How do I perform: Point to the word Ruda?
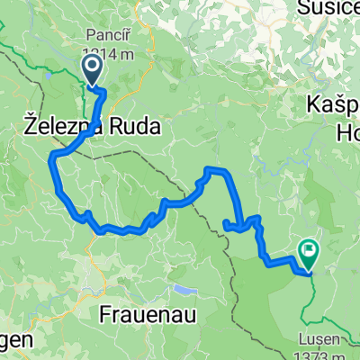pos(132,129)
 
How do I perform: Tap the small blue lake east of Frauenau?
pos(184,290)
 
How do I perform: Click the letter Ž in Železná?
pos(23,129)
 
